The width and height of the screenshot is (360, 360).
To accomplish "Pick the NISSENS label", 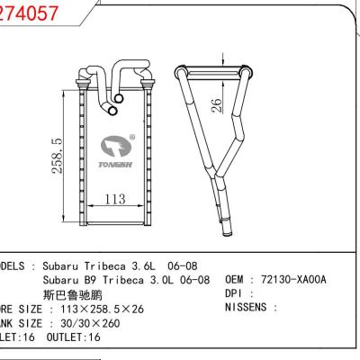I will [244, 309].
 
